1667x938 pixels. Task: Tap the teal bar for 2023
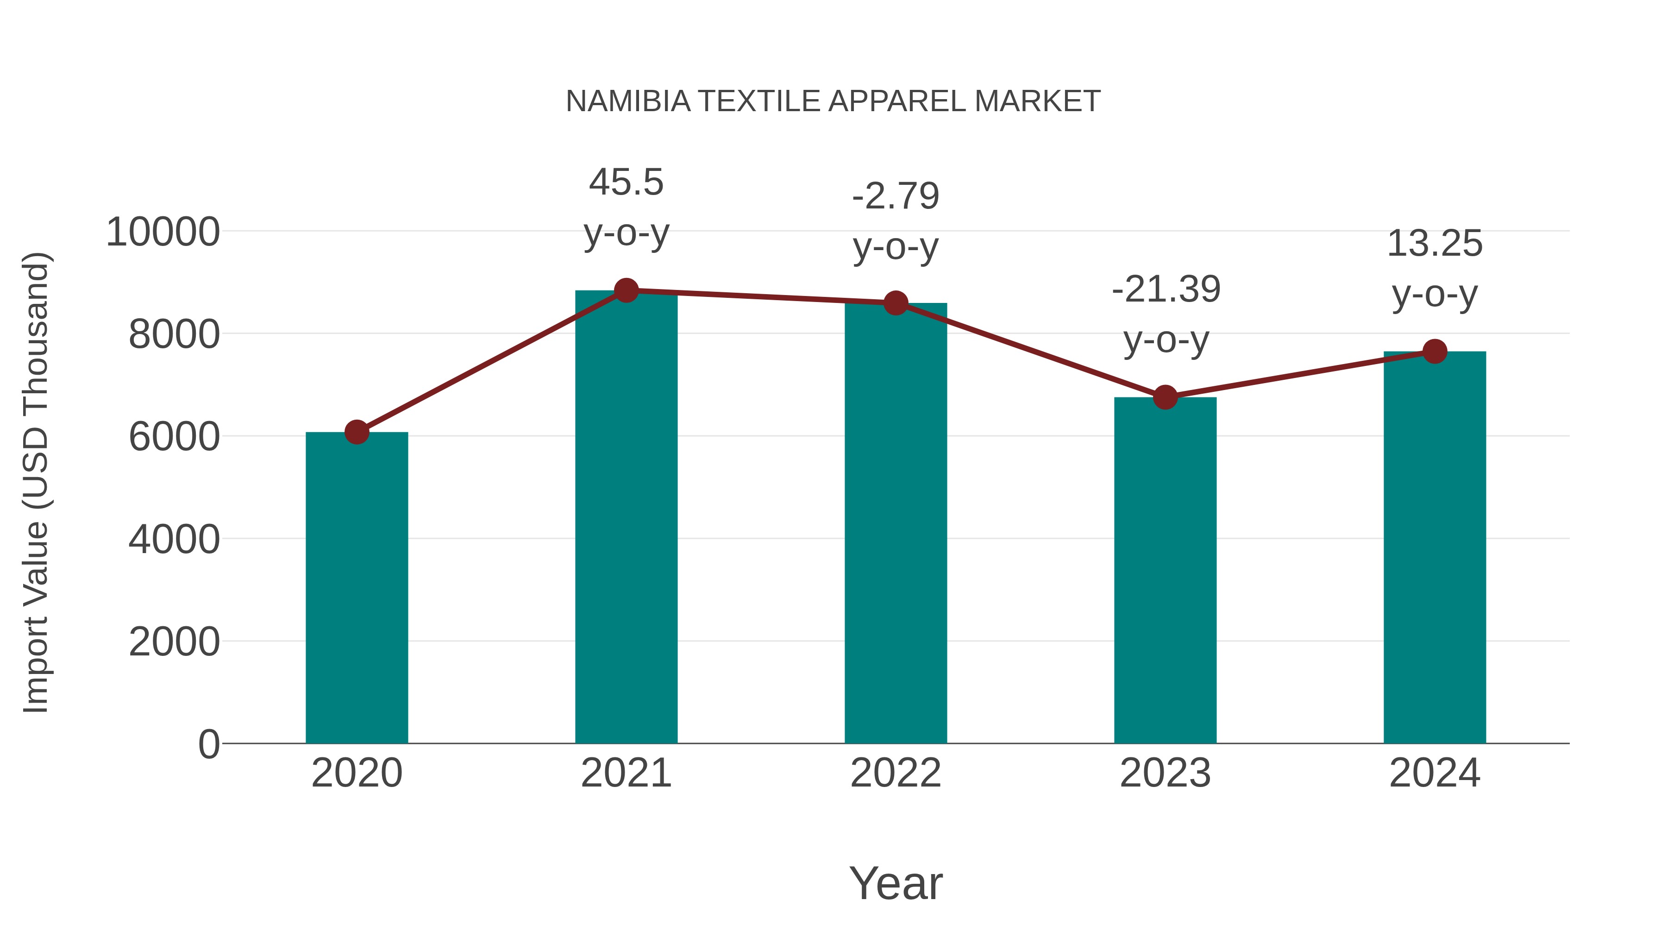(1165, 570)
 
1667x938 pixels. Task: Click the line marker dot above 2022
(896, 302)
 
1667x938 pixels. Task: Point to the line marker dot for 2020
(357, 432)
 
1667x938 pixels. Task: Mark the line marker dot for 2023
(1165, 397)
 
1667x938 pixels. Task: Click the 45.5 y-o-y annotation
(626, 207)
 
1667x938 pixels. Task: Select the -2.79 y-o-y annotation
(896, 221)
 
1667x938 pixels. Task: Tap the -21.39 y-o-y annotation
(1166, 314)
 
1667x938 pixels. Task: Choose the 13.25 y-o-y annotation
(1435, 268)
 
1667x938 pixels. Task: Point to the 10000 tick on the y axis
(163, 232)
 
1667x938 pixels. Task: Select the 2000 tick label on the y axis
(174, 642)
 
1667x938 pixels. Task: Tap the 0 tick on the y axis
(208, 744)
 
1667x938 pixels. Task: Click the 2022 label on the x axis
(896, 773)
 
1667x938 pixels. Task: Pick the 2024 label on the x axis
(1435, 773)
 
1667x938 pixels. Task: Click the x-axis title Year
(896, 883)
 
